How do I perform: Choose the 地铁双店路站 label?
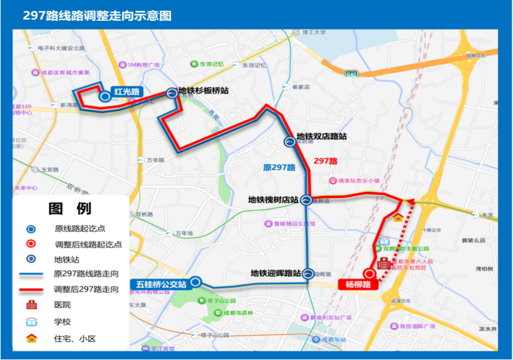coord(322,136)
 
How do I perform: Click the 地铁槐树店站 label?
coord(272,200)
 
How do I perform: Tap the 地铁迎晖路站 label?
coord(275,272)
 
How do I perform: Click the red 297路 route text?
coord(325,161)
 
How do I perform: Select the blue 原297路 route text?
coord(279,168)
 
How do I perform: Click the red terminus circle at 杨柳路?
coord(369,274)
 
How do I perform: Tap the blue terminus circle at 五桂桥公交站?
coord(196,282)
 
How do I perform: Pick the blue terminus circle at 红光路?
coord(104,96)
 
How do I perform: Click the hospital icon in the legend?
coord(31,304)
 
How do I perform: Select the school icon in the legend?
coord(31,322)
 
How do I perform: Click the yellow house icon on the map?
coord(398,218)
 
